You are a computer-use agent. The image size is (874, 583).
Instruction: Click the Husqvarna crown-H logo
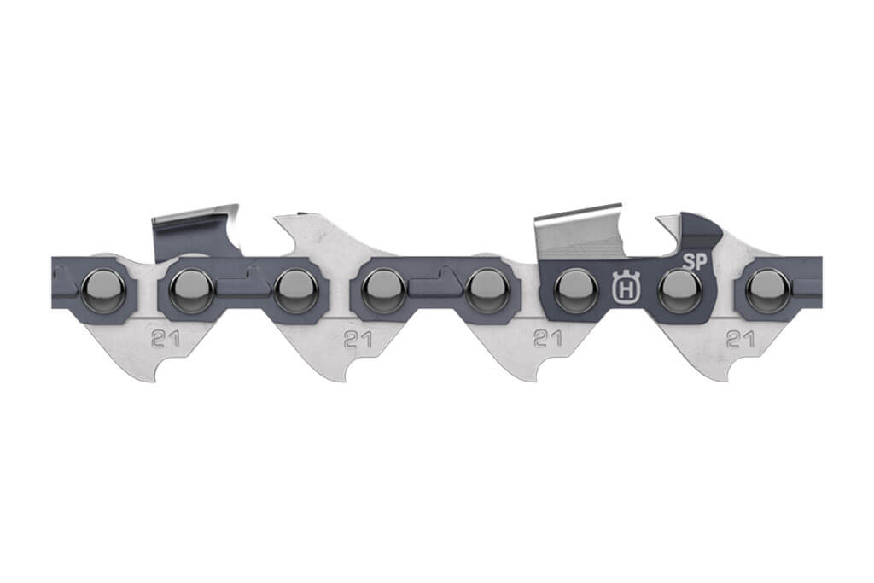click(x=626, y=288)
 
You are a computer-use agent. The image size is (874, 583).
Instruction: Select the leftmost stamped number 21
click(x=165, y=338)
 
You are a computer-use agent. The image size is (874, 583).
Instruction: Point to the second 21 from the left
click(x=358, y=339)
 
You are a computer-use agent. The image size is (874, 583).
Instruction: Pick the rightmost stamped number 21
click(x=740, y=339)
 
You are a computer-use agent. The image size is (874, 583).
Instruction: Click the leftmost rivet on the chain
click(x=103, y=290)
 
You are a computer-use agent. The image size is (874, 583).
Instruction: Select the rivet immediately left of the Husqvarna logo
click(x=576, y=290)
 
